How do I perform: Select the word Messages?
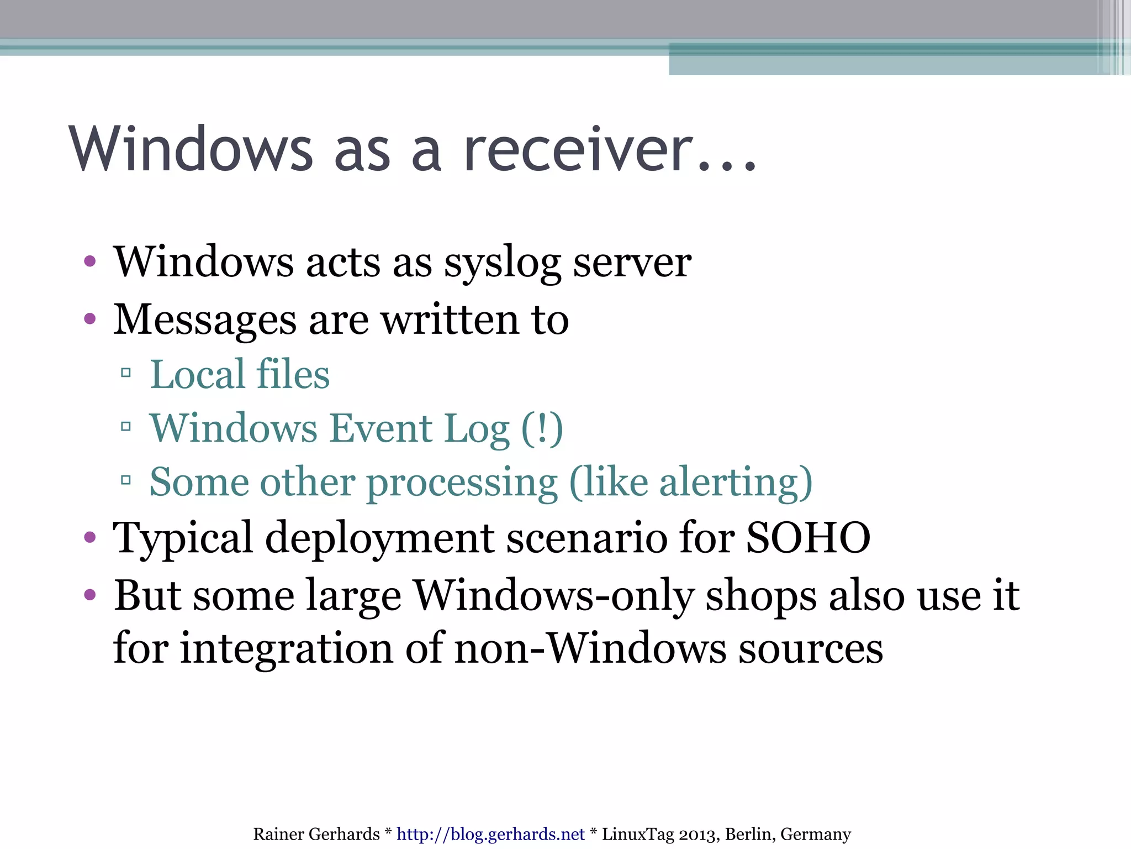click(x=205, y=320)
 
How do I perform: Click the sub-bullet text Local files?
click(x=240, y=375)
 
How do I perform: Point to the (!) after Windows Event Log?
click(x=542, y=429)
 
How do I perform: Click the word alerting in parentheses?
click(x=729, y=483)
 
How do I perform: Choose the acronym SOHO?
click(x=808, y=537)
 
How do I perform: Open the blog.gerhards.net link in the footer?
click(x=490, y=834)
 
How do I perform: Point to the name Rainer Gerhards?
click(x=316, y=834)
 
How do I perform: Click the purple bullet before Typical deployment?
click(x=90, y=537)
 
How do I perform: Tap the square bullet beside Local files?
click(x=126, y=373)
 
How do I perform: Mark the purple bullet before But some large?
click(x=90, y=595)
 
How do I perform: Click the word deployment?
click(x=379, y=538)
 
